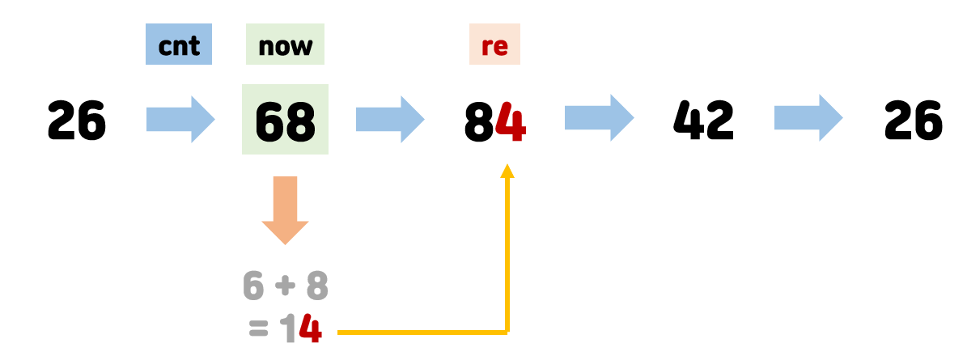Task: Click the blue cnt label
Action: click(179, 45)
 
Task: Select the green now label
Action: click(285, 45)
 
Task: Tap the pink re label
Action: click(494, 45)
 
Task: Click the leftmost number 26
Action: click(77, 121)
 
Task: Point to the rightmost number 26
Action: click(914, 121)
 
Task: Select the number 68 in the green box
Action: click(285, 121)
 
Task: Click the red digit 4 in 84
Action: click(511, 121)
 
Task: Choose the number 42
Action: click(703, 121)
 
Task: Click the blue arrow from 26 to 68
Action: click(180, 120)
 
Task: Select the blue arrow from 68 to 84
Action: click(390, 120)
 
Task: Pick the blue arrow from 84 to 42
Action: click(599, 120)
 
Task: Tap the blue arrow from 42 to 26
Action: click(808, 120)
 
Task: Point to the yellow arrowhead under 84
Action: click(507, 170)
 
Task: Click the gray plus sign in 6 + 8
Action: click(286, 286)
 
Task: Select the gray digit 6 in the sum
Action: click(254, 286)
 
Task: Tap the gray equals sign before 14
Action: click(258, 330)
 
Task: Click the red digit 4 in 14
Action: click(310, 329)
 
